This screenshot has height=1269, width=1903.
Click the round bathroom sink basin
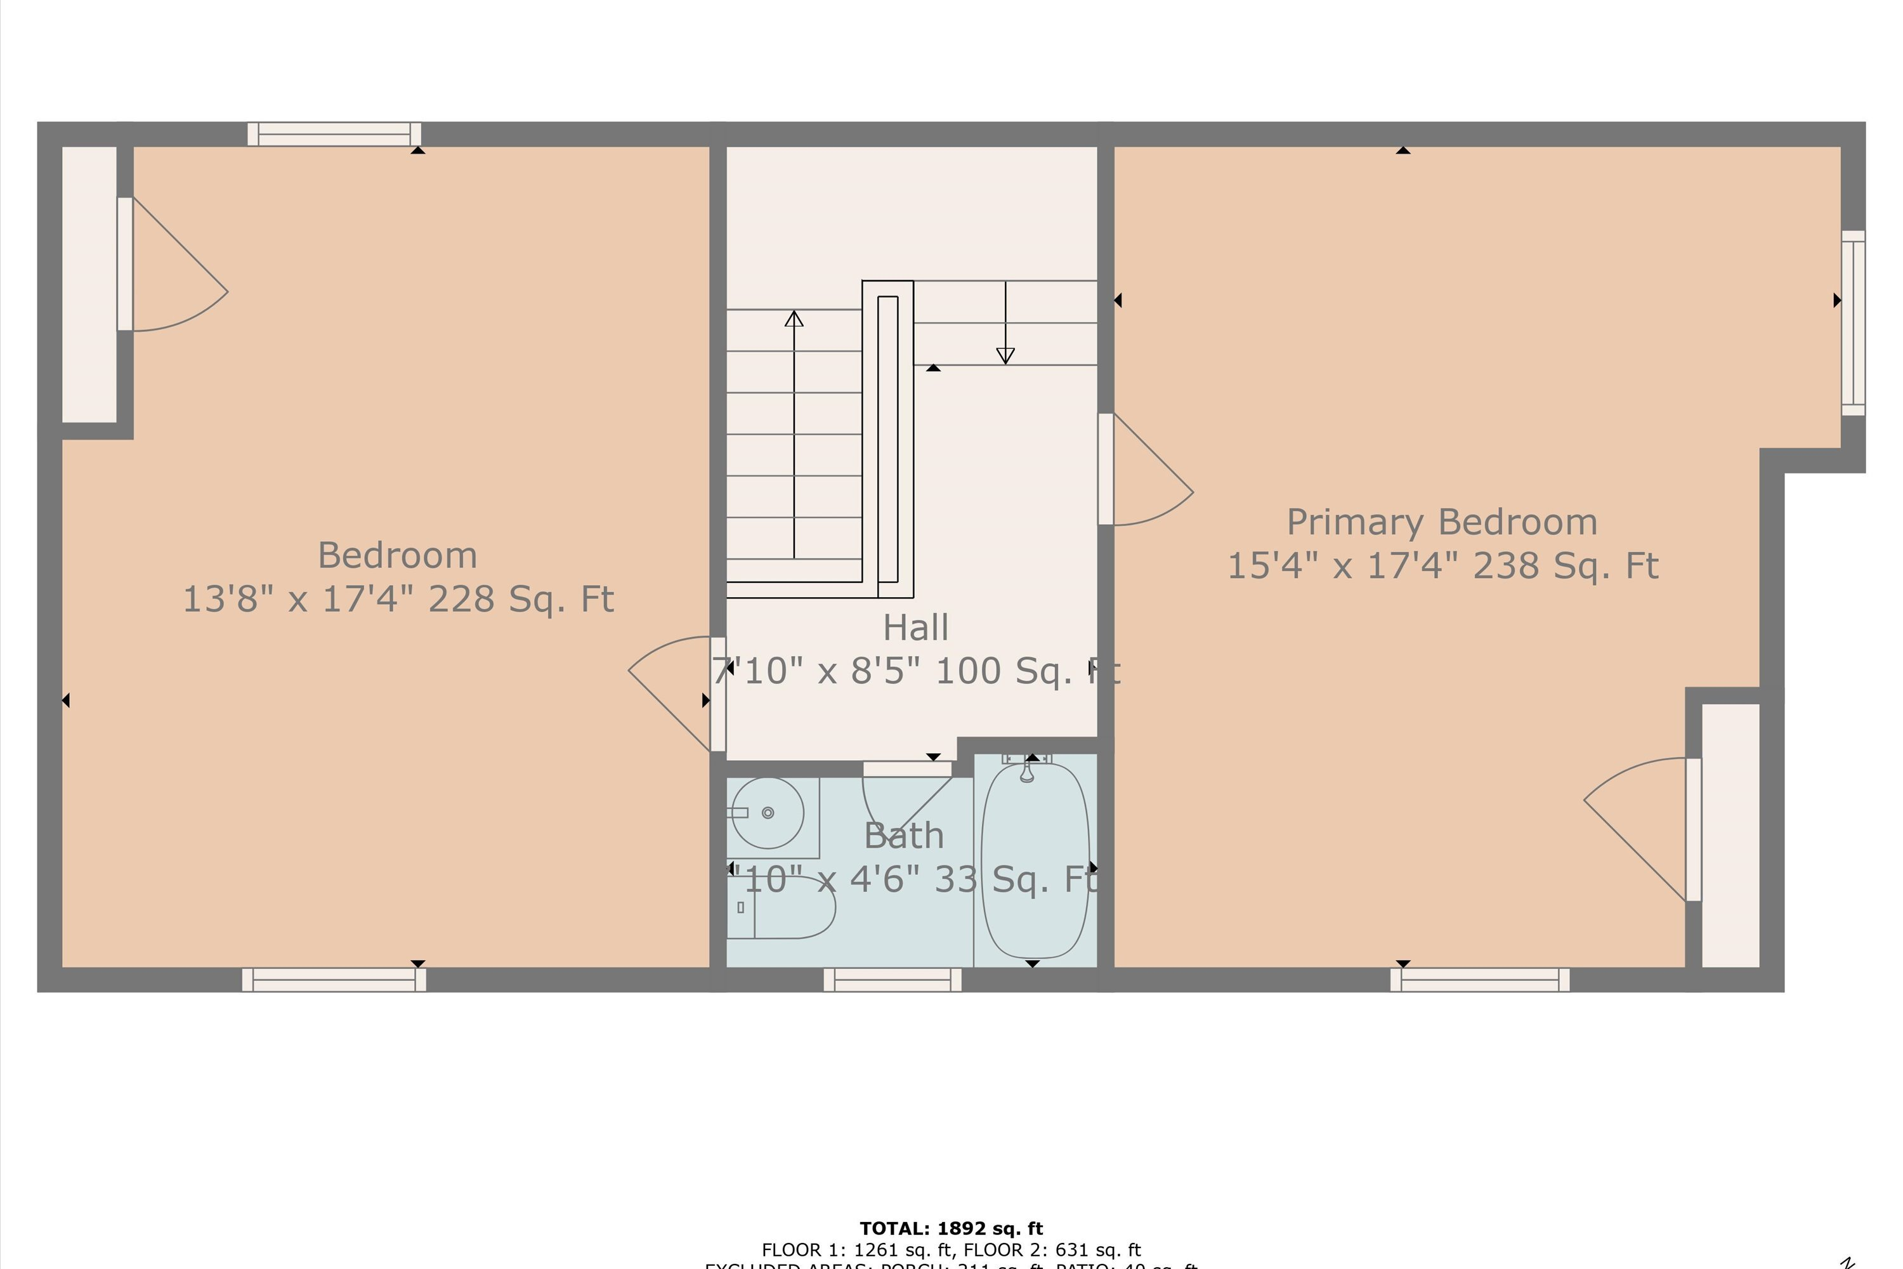point(767,813)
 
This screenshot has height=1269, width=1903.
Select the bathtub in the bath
point(1035,860)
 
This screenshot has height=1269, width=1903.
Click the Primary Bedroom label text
point(1442,522)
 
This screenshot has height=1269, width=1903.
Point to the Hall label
point(915,628)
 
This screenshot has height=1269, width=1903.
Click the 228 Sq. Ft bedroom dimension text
point(398,600)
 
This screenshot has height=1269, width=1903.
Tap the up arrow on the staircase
point(794,320)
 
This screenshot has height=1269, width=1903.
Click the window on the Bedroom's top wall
point(334,135)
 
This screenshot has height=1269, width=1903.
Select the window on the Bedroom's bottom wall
point(334,980)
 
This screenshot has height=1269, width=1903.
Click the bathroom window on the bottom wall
point(893,980)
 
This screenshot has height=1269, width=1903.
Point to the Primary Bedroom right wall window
point(1853,323)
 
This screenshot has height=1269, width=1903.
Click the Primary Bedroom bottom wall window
point(1480,980)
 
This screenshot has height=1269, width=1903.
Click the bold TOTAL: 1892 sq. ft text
point(951,1228)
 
